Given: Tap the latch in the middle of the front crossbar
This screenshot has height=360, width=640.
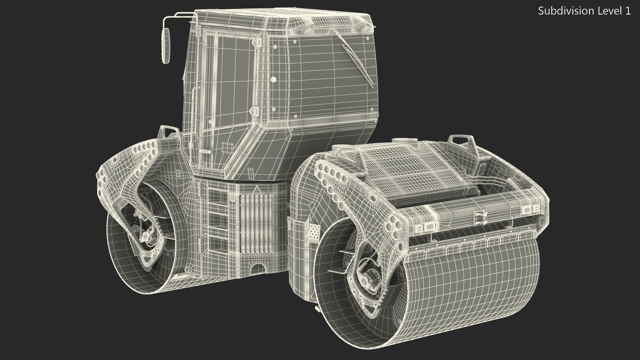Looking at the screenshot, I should [x=479, y=218].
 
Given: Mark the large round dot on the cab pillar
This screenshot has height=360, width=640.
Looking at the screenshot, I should [x=274, y=79].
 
